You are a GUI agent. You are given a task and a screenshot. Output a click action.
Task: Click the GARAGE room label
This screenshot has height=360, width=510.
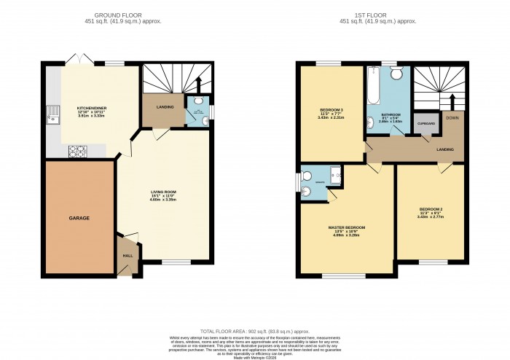pyautogui.click(x=79, y=218)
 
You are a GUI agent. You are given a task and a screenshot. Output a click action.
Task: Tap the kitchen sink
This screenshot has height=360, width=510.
pyautogui.click(x=52, y=115)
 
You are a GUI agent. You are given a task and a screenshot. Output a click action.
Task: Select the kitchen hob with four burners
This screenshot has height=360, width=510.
pyautogui.click(x=77, y=151)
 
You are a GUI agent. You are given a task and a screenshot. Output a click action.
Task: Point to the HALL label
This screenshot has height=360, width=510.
pyautogui.click(x=127, y=256)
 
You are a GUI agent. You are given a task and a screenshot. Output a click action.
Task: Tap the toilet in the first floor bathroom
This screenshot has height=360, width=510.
pyautogui.click(x=396, y=73)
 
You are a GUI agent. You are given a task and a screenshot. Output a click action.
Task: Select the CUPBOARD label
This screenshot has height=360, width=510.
pyautogui.click(x=425, y=124)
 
